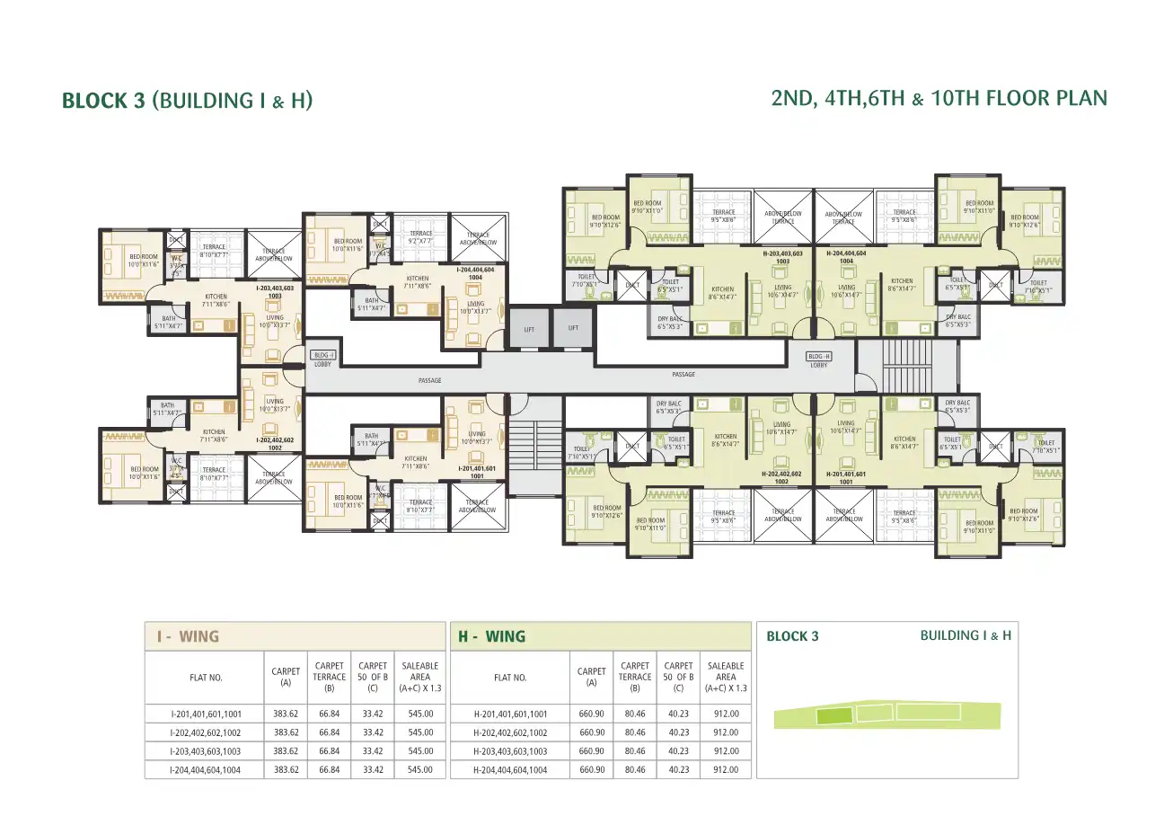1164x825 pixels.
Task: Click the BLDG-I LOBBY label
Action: point(323,359)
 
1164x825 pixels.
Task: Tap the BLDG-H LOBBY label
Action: point(818,360)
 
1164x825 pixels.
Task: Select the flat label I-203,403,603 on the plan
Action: point(275,290)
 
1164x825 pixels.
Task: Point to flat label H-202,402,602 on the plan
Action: point(780,477)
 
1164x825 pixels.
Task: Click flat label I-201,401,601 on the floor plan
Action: point(477,472)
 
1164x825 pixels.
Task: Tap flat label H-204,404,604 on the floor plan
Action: point(845,258)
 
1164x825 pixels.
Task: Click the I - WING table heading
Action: point(188,636)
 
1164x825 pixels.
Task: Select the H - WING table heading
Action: point(492,636)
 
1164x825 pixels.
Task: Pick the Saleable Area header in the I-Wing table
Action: point(420,677)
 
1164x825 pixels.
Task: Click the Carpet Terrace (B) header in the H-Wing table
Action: point(636,677)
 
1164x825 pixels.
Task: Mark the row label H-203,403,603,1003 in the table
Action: point(510,751)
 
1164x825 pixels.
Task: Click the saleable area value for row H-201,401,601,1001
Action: point(726,714)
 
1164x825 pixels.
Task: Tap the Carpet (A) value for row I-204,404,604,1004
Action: point(287,770)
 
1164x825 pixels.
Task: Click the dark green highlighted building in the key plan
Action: point(833,716)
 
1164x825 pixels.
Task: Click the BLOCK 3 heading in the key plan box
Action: point(792,636)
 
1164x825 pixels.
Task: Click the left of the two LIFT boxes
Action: point(529,329)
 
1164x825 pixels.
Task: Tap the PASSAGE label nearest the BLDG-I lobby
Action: point(430,381)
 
